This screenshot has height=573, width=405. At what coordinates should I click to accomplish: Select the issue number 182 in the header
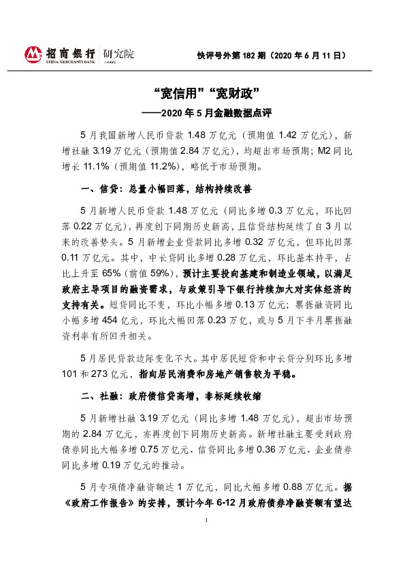248,54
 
